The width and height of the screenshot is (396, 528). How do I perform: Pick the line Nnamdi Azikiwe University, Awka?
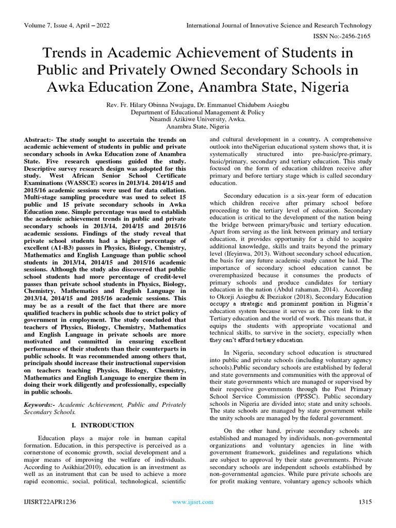(197, 119)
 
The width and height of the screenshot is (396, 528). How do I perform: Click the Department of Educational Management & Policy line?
(197, 111)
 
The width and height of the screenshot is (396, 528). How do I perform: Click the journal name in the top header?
(278, 25)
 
